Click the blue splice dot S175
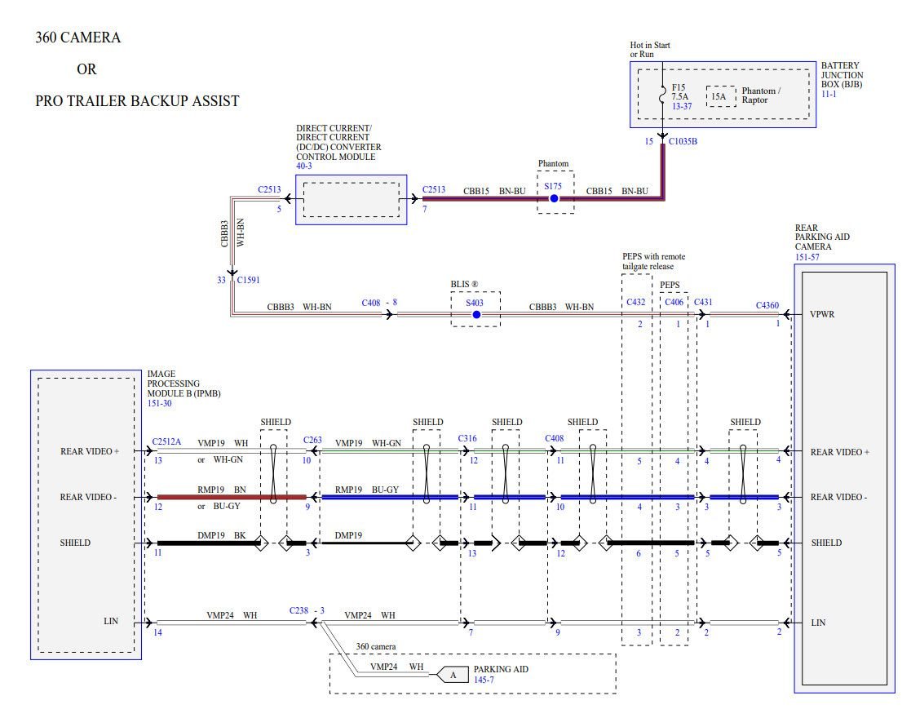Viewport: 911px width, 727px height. point(554,198)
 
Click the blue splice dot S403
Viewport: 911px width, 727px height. point(476,314)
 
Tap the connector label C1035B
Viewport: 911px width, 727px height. point(683,141)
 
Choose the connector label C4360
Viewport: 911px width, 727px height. point(767,306)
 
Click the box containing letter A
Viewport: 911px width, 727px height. point(453,674)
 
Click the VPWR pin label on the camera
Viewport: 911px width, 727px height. point(821,314)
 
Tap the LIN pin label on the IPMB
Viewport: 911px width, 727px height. point(111,621)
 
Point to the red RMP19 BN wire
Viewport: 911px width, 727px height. point(232,497)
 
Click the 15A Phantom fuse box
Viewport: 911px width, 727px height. point(719,96)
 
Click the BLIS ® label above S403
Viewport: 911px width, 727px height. point(464,284)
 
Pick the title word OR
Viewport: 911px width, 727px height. point(86,69)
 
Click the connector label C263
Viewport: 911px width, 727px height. point(312,441)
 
